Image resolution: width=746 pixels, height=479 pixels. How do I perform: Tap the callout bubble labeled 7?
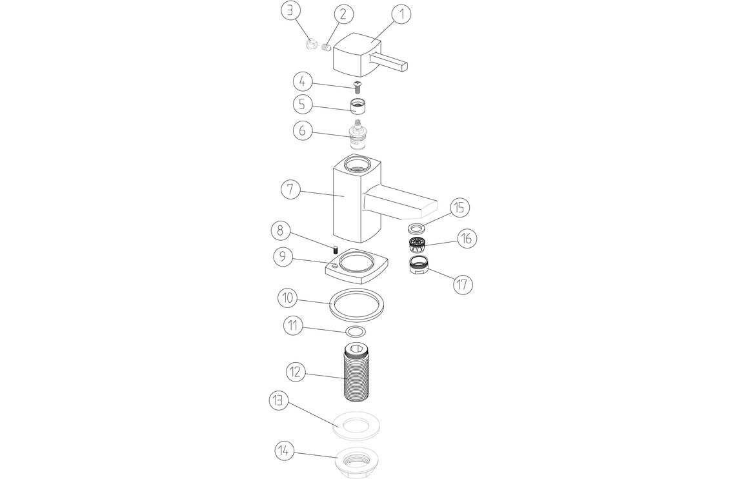[291, 190]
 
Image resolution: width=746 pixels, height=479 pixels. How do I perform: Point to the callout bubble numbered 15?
[459, 208]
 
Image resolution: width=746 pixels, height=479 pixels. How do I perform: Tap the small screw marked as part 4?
[357, 87]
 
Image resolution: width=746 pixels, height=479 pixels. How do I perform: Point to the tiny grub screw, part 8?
[336, 249]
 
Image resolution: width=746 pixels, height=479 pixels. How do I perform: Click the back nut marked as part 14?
[356, 462]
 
